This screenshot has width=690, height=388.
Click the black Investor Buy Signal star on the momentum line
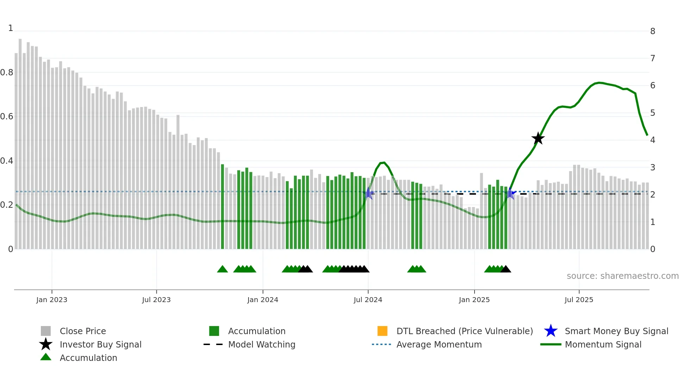point(538,138)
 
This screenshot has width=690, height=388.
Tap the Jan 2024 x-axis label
point(263,300)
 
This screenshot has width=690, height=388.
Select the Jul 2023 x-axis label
point(156,300)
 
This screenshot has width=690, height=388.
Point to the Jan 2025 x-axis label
point(474,300)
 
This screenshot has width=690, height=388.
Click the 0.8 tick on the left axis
point(7,73)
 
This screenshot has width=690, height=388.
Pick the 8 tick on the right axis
point(653,31)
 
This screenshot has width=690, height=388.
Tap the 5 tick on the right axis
point(653,113)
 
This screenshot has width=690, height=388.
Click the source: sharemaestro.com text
point(622,276)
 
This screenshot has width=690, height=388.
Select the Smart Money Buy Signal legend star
point(551,331)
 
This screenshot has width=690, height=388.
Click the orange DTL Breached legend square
point(382,331)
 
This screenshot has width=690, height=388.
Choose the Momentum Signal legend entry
point(603,344)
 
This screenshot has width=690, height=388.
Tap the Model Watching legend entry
point(262,344)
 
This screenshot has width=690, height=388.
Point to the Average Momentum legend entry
point(439,344)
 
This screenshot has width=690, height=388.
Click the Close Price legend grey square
point(46,331)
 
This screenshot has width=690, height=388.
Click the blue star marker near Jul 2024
point(368,193)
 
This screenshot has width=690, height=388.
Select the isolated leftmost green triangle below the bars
point(222,269)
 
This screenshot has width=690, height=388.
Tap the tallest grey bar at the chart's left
point(20,141)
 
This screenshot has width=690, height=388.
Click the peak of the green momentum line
point(599,83)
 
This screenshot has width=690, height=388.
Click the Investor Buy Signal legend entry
point(100,344)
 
